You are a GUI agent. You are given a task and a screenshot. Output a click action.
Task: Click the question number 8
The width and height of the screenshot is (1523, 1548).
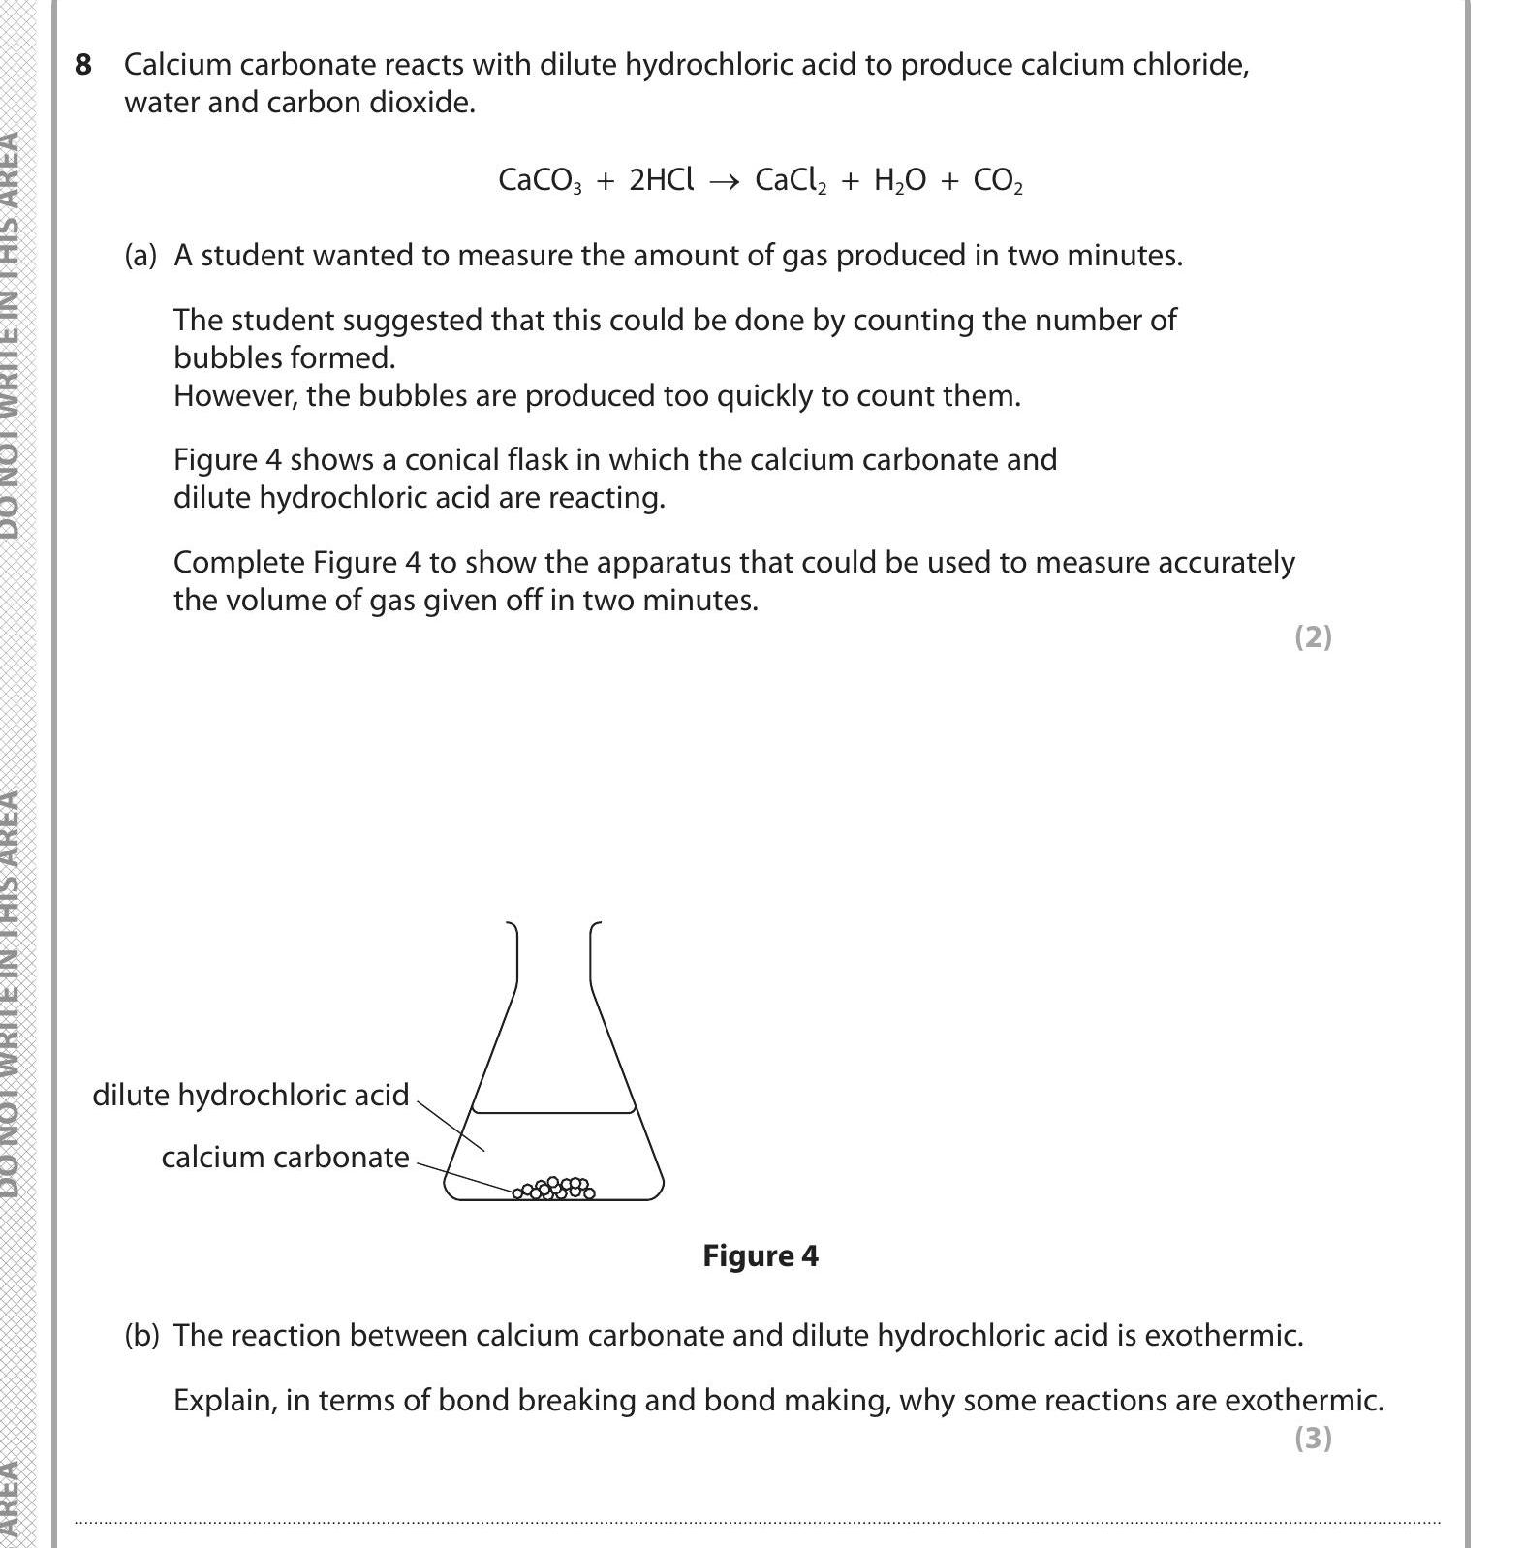click(x=84, y=65)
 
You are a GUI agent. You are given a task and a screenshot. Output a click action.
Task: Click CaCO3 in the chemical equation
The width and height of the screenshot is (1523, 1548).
click(x=540, y=181)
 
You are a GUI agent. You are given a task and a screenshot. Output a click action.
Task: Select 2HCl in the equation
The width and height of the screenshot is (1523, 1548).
click(x=662, y=180)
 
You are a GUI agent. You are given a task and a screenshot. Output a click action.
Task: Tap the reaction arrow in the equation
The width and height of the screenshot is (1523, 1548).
click(x=724, y=181)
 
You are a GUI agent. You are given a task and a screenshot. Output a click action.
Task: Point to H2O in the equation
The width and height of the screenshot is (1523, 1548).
click(x=899, y=181)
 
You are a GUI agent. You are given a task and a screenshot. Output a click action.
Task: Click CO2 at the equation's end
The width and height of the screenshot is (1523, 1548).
click(x=997, y=181)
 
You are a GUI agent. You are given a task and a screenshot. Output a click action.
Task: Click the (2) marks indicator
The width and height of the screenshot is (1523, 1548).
click(x=1313, y=636)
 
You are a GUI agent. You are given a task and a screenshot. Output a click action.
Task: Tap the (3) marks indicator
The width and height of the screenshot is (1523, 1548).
click(x=1313, y=1438)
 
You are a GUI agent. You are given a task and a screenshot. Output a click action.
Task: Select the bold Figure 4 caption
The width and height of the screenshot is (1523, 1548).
click(x=761, y=1256)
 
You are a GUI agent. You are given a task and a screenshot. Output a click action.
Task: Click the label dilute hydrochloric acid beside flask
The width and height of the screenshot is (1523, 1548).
click(x=250, y=1095)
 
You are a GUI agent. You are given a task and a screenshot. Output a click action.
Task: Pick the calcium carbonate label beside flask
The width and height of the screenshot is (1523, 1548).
click(x=285, y=1157)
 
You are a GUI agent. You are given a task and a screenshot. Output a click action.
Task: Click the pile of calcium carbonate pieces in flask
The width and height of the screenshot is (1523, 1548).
click(x=555, y=1189)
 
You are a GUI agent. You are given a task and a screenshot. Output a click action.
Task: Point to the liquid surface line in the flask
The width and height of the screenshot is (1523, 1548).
click(x=554, y=1112)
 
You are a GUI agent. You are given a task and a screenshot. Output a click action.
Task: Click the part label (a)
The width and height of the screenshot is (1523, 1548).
click(x=140, y=256)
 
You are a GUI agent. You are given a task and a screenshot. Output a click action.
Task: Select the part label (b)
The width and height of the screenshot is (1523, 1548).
click(x=140, y=1336)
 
